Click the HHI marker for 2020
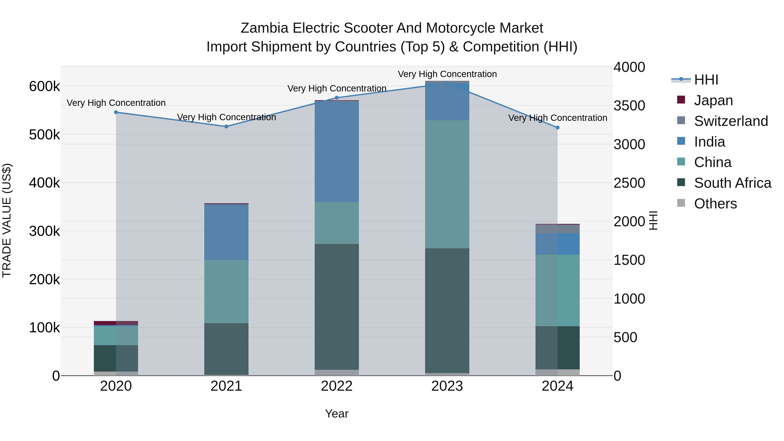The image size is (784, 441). (116, 112)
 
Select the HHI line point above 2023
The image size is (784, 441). (447, 83)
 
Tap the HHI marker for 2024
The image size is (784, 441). (558, 128)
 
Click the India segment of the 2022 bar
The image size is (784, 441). (337, 151)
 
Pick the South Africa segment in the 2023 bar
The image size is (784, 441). (447, 310)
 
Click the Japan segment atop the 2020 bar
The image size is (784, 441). (116, 323)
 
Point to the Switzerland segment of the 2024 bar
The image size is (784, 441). (558, 229)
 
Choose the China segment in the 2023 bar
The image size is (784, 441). (447, 184)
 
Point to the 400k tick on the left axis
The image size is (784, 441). (44, 183)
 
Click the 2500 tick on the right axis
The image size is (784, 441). (629, 183)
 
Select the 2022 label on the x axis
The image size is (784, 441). (337, 386)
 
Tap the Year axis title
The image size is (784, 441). (337, 414)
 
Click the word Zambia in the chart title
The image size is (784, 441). (264, 28)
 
